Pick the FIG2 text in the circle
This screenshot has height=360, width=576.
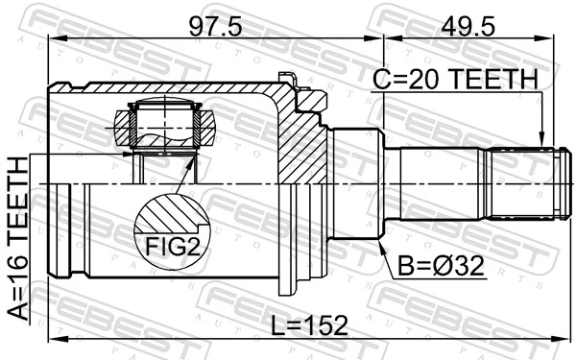tap(172, 248)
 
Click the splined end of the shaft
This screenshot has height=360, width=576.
tap(524, 182)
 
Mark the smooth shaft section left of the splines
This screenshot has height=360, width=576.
tap(437, 182)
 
